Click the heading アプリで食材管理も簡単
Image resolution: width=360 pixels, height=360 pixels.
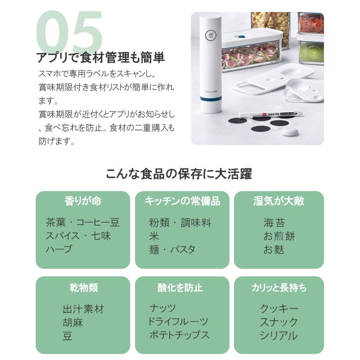pyautogui.click(x=100, y=58)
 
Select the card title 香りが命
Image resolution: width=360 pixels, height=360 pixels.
pyautogui.click(x=83, y=201)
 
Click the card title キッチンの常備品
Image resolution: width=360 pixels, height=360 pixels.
pyautogui.click(x=182, y=201)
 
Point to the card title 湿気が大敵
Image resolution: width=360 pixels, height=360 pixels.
pyautogui.click(x=279, y=201)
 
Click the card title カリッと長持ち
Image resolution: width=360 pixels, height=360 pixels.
pyautogui.click(x=279, y=288)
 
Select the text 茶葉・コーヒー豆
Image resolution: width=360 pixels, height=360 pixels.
pyautogui.click(x=82, y=223)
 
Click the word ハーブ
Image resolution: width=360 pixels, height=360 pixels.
pyautogui.click(x=59, y=249)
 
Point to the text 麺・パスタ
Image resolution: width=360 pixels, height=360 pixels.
pyautogui.click(x=172, y=250)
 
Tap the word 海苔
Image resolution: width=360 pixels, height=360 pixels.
pyautogui.click(x=274, y=223)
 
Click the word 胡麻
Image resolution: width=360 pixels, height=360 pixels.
pyautogui.click(x=73, y=322)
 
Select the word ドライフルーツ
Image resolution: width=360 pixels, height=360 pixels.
pyautogui.click(x=178, y=322)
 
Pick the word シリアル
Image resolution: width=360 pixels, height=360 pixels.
pyautogui.click(x=278, y=335)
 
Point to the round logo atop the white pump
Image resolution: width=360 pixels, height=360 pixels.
pyautogui.click(x=212, y=35)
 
